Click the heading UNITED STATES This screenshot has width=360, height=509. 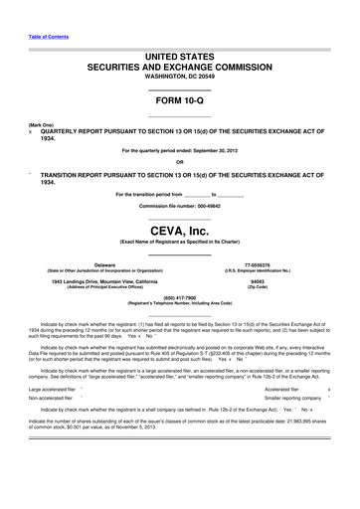click(x=179, y=59)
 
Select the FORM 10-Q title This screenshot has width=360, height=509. click(x=179, y=104)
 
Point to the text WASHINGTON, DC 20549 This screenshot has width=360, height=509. click(x=179, y=83)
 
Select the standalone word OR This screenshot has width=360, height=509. click(x=179, y=162)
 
